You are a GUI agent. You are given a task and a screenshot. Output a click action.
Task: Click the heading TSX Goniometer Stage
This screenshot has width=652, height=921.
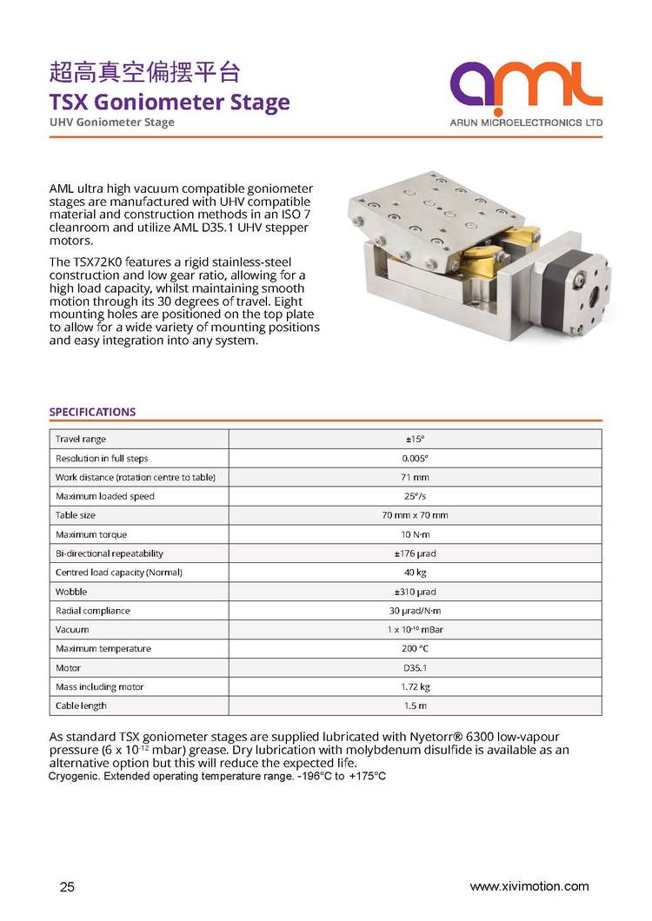coord(169,102)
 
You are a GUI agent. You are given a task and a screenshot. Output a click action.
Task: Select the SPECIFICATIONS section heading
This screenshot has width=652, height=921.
coord(92,412)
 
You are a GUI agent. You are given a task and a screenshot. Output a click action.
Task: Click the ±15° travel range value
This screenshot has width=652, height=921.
coord(415,439)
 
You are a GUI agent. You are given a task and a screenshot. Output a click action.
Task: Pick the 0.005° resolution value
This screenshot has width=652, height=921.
coord(415,458)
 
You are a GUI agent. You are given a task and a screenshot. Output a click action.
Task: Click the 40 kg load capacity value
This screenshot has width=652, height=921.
coord(415,573)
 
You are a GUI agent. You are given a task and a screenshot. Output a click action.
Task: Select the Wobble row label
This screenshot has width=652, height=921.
coord(71,592)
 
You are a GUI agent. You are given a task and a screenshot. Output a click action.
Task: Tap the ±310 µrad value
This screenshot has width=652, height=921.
coord(415,592)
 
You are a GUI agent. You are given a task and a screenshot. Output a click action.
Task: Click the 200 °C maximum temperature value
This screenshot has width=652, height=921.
coord(415,648)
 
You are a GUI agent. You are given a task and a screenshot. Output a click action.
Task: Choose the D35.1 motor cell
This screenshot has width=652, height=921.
coord(415,667)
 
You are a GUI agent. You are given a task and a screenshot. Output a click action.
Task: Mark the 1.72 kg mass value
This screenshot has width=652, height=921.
coord(415,686)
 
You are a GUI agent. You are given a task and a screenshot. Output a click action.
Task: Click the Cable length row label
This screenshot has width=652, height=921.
coord(81,706)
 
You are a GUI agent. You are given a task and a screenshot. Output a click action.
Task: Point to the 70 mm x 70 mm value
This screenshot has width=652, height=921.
coord(415,515)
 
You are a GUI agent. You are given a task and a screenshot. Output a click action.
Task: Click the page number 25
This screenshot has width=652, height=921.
coord(67,887)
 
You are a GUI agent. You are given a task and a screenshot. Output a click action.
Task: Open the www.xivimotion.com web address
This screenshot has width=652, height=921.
coord(529,886)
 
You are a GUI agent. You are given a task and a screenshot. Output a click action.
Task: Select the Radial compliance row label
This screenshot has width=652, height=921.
coord(92,611)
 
